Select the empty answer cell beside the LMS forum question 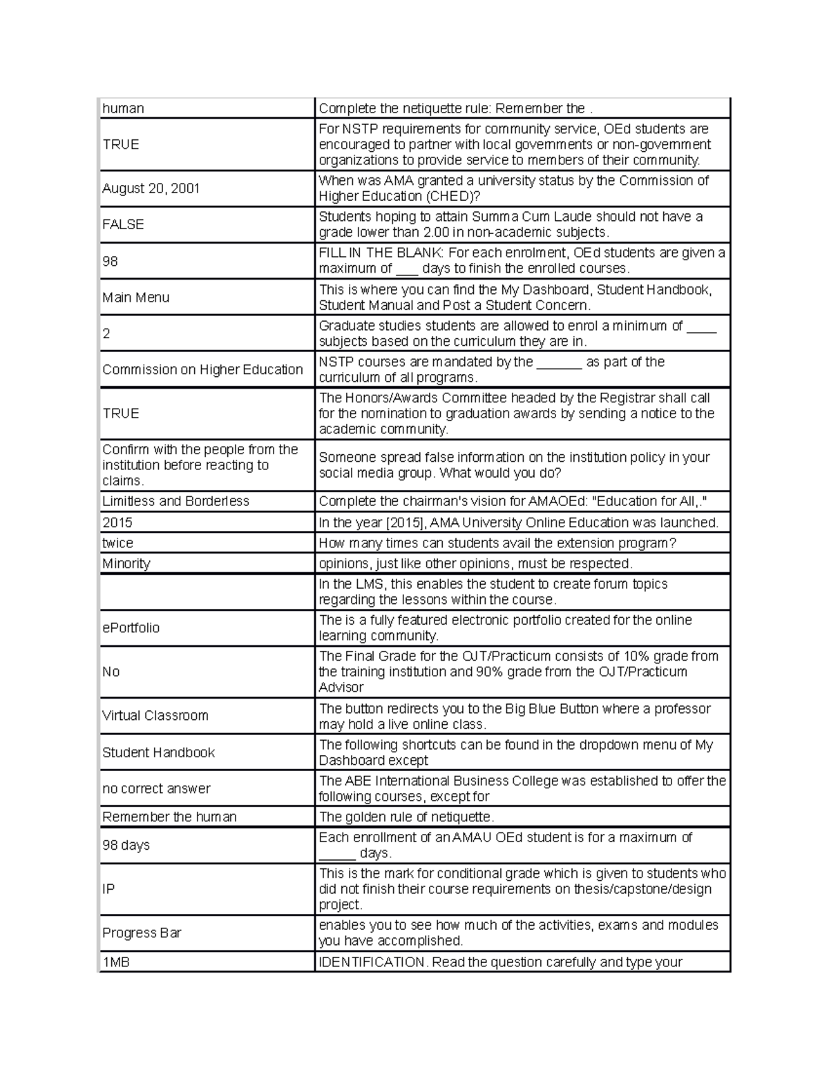tap(207, 592)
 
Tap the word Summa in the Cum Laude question tap(493, 217)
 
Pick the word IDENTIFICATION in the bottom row tap(371, 962)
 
